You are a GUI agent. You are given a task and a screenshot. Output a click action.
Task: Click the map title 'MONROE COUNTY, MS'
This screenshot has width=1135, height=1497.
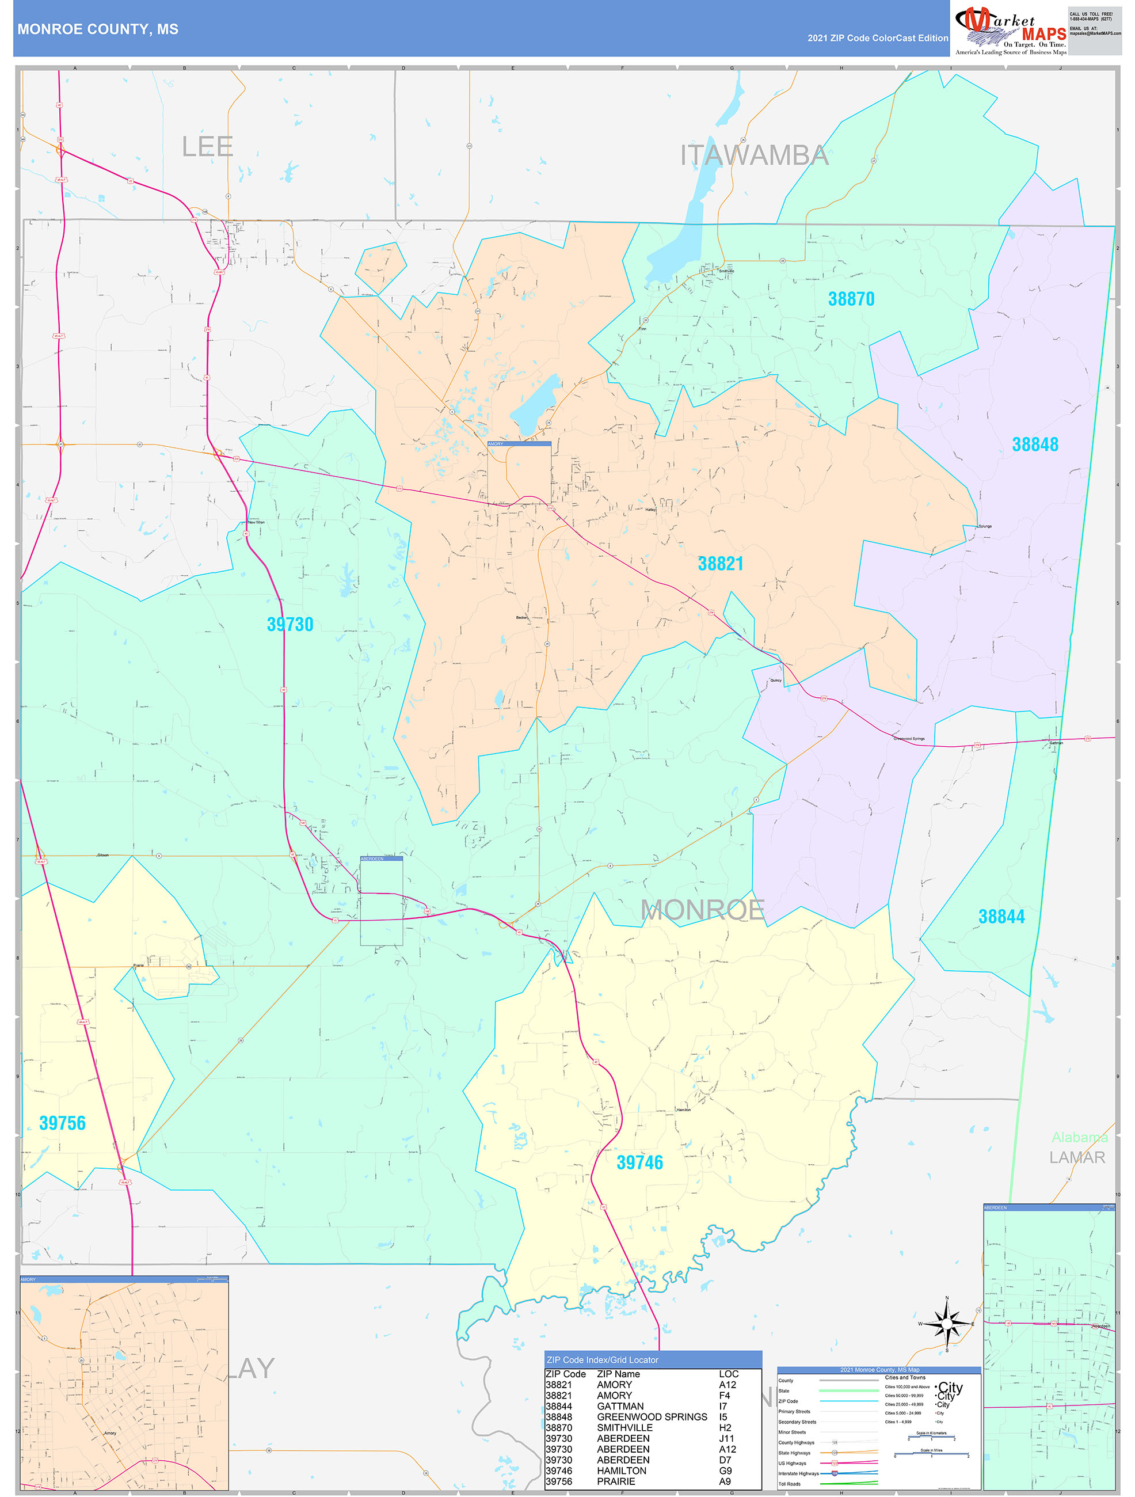click(x=98, y=29)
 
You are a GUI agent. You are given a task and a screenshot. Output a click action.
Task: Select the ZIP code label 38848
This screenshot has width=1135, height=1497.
click(x=1034, y=444)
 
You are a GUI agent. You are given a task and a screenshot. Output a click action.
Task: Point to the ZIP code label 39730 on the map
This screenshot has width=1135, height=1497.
click(x=290, y=624)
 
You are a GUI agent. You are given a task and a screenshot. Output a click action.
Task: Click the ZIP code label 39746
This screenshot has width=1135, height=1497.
click(x=639, y=1162)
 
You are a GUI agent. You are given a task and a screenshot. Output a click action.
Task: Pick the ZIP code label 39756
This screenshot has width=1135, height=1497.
click(x=62, y=1123)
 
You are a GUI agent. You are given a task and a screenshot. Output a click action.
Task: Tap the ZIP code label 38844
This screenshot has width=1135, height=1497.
click(x=1001, y=917)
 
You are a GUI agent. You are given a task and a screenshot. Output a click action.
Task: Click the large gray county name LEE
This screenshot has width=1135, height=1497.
click(x=207, y=147)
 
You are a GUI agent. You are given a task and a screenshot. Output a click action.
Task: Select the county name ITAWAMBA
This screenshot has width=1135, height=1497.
click(x=754, y=155)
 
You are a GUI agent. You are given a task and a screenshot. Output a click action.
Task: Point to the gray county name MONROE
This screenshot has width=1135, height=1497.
click(x=702, y=910)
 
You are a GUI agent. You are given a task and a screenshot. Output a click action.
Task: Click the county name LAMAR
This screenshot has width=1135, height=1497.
click(x=1077, y=1157)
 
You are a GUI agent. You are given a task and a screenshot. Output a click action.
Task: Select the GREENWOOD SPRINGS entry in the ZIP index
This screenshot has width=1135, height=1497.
click(x=652, y=1416)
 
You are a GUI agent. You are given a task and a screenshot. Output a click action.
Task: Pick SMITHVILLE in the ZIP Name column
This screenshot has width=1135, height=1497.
click(x=624, y=1427)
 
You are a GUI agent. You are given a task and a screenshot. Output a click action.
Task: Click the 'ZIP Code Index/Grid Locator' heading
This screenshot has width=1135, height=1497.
click(x=602, y=1359)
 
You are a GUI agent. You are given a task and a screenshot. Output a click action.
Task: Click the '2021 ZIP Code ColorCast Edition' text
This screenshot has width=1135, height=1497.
click(x=877, y=38)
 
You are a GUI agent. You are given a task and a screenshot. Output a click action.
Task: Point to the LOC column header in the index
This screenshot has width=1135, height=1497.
click(x=729, y=1374)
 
